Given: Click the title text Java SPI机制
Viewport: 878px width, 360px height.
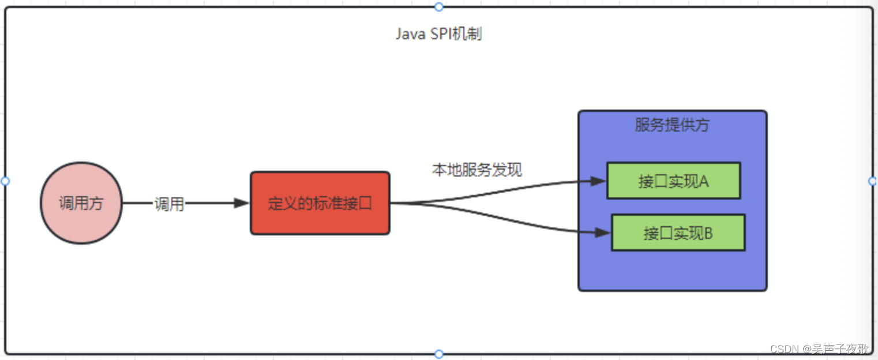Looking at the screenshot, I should pos(438,34).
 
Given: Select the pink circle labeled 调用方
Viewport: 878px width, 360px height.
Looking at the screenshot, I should pos(81,203).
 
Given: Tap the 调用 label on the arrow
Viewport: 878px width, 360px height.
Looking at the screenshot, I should pos(169,204).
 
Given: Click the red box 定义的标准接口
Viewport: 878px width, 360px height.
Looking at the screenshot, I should pos(320,203).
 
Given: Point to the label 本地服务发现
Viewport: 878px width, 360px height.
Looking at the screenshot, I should pos(477,170).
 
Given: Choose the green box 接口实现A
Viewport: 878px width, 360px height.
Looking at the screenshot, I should pos(673,181).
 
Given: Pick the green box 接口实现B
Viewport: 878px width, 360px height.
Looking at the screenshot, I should pos(678,233).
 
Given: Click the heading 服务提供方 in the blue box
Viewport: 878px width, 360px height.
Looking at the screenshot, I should pos(672,125).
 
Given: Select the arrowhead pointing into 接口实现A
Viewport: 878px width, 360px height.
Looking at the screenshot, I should pos(599,181).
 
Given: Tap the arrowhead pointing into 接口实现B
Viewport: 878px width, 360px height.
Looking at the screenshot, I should pos(603,233).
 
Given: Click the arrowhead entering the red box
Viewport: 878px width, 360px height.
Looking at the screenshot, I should pos(242,203).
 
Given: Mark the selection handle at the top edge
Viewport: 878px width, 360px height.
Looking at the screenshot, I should pos(439,7).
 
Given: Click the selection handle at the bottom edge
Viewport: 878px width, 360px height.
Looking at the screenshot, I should pos(439,354).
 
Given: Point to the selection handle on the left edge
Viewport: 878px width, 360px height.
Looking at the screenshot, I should pos(5,181).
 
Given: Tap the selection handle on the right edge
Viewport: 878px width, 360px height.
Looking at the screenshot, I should pos(873,181).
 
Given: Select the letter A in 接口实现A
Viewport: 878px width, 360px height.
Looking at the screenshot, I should pos(704,181).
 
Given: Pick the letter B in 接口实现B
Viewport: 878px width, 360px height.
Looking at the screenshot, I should pos(708,233).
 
